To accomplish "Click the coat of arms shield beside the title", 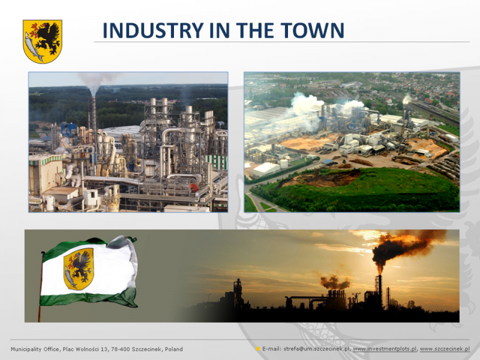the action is point(43,41).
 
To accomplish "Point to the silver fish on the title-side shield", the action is point(34,47).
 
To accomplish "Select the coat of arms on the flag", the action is point(79,269).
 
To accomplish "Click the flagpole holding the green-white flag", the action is point(40,287).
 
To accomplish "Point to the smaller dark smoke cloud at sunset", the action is point(335,282).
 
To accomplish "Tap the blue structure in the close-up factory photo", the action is point(68,130).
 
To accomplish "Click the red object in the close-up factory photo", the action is point(194,187).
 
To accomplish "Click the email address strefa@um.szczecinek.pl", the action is point(317,349).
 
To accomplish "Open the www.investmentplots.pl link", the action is point(385,349).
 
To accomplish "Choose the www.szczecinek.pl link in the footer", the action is point(445,349).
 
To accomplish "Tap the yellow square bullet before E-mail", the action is point(258,349).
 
